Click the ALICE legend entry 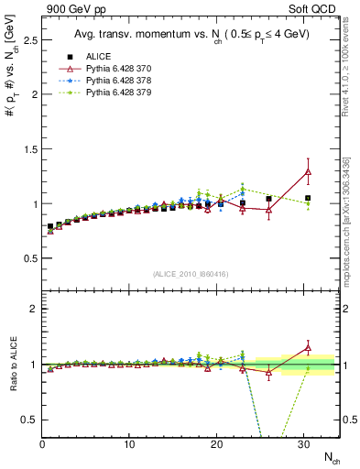97,57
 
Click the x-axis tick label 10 129,444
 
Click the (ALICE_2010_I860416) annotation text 190,274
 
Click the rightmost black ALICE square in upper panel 308,198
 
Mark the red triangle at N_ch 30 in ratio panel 308,347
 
